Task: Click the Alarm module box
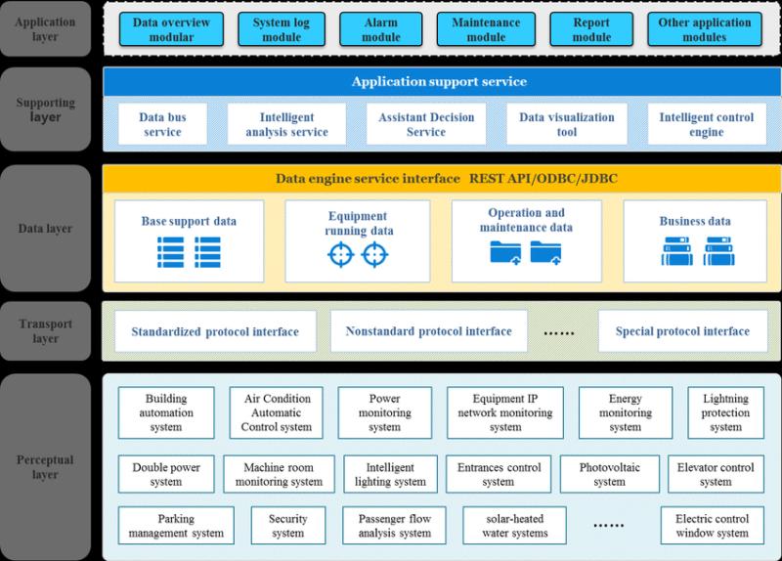pyautogui.click(x=381, y=29)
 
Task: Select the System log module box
pyautogui.click(x=282, y=29)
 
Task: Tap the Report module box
pyautogui.click(x=591, y=29)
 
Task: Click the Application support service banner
pyautogui.click(x=442, y=82)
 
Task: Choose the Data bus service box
pyautogui.click(x=162, y=124)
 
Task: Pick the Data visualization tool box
pyautogui.click(x=567, y=124)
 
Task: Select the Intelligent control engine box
pyautogui.click(x=707, y=124)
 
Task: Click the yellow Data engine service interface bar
pyautogui.click(x=442, y=179)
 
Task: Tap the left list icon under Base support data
pyautogui.click(x=170, y=252)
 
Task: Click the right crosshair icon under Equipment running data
pyautogui.click(x=375, y=254)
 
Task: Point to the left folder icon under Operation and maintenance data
pyautogui.click(x=505, y=252)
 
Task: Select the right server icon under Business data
pyautogui.click(x=718, y=251)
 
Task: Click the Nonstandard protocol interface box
pyautogui.click(x=429, y=331)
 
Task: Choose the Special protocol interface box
pyautogui.click(x=682, y=331)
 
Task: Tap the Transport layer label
pyautogui.click(x=45, y=330)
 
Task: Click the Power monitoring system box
pyautogui.click(x=384, y=412)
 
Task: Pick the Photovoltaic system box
pyautogui.click(x=609, y=474)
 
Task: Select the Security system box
pyautogui.click(x=287, y=526)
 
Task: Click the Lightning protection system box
pyautogui.click(x=725, y=412)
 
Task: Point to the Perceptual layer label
pyautogui.click(x=45, y=467)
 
